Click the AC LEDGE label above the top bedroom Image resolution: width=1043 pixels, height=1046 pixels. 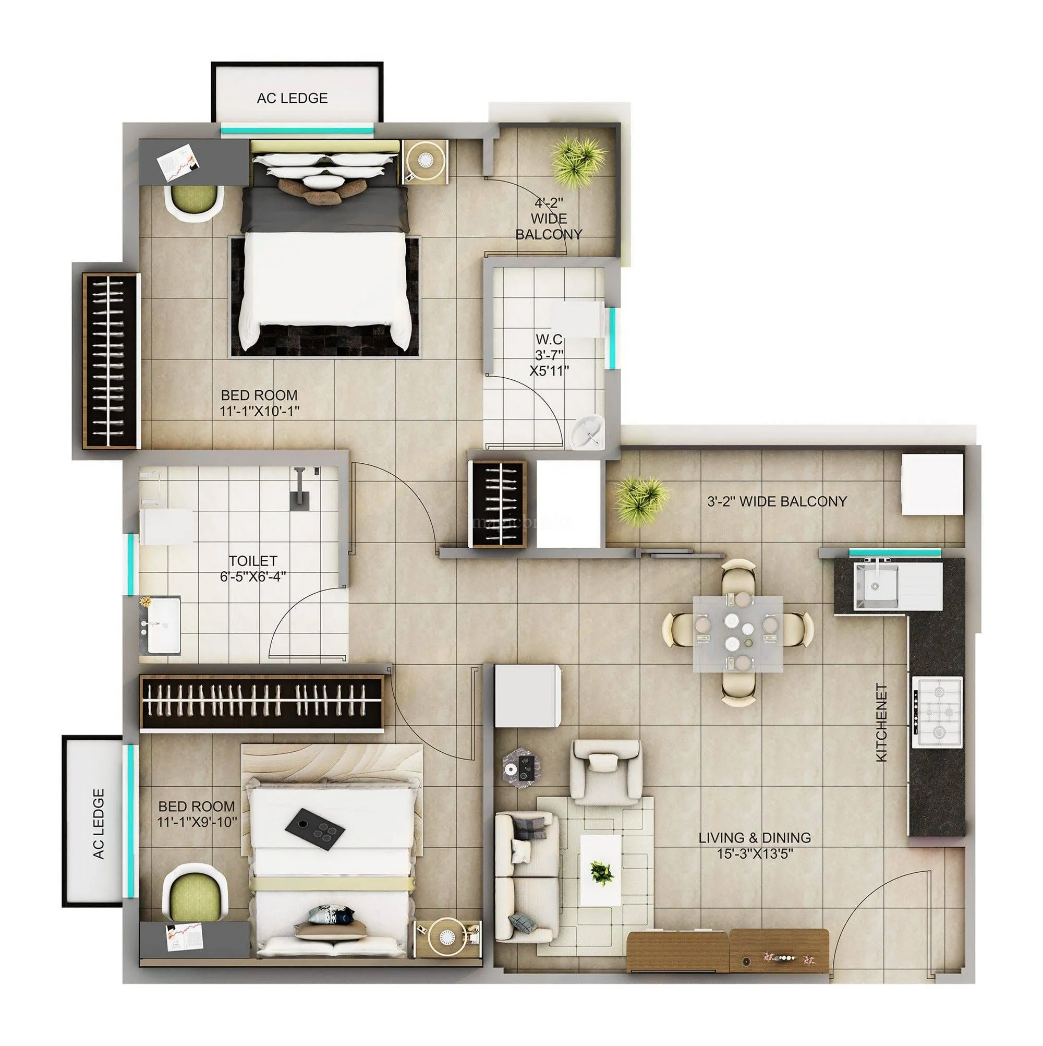coord(292,98)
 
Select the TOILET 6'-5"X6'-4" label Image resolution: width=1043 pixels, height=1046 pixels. coord(253,568)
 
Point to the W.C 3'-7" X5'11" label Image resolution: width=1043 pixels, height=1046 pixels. coord(549,355)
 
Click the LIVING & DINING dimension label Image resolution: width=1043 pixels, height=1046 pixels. coord(755,845)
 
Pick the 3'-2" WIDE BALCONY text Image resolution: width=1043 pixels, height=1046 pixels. coord(777,501)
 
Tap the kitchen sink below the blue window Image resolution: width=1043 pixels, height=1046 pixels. coord(876,585)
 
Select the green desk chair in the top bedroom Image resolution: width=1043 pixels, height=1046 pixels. coord(194,202)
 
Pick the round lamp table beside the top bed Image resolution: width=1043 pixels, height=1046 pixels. coord(426,160)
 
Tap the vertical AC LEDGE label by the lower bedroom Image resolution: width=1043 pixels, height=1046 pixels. coord(99,823)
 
